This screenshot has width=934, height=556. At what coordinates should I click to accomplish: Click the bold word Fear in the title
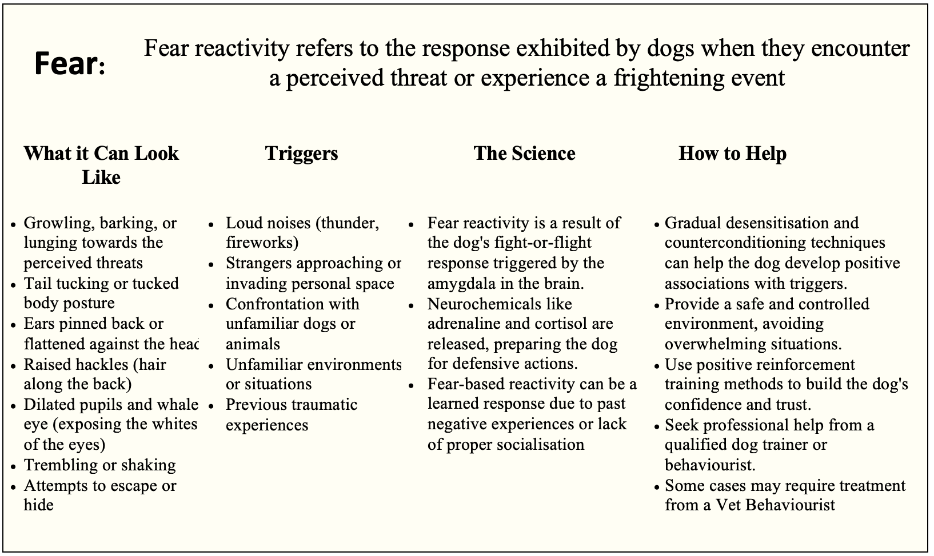[x=66, y=64]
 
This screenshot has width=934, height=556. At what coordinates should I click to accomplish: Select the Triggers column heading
[x=301, y=154]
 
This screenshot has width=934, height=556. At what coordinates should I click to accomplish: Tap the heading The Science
[x=524, y=153]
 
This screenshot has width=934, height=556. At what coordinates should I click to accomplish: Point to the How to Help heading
[x=733, y=153]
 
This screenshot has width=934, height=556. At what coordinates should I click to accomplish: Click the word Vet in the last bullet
[x=728, y=505]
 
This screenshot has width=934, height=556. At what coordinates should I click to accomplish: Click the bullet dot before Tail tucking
[x=14, y=285]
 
